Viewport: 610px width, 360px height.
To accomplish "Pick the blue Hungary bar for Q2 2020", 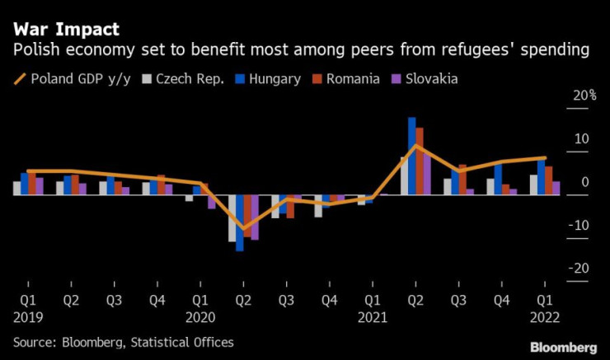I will tap(240, 222).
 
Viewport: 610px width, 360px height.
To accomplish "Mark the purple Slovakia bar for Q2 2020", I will tap(256, 217).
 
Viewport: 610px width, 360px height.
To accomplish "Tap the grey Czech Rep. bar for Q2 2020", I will tap(232, 218).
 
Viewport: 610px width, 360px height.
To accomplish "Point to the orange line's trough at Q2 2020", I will tap(243, 228).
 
